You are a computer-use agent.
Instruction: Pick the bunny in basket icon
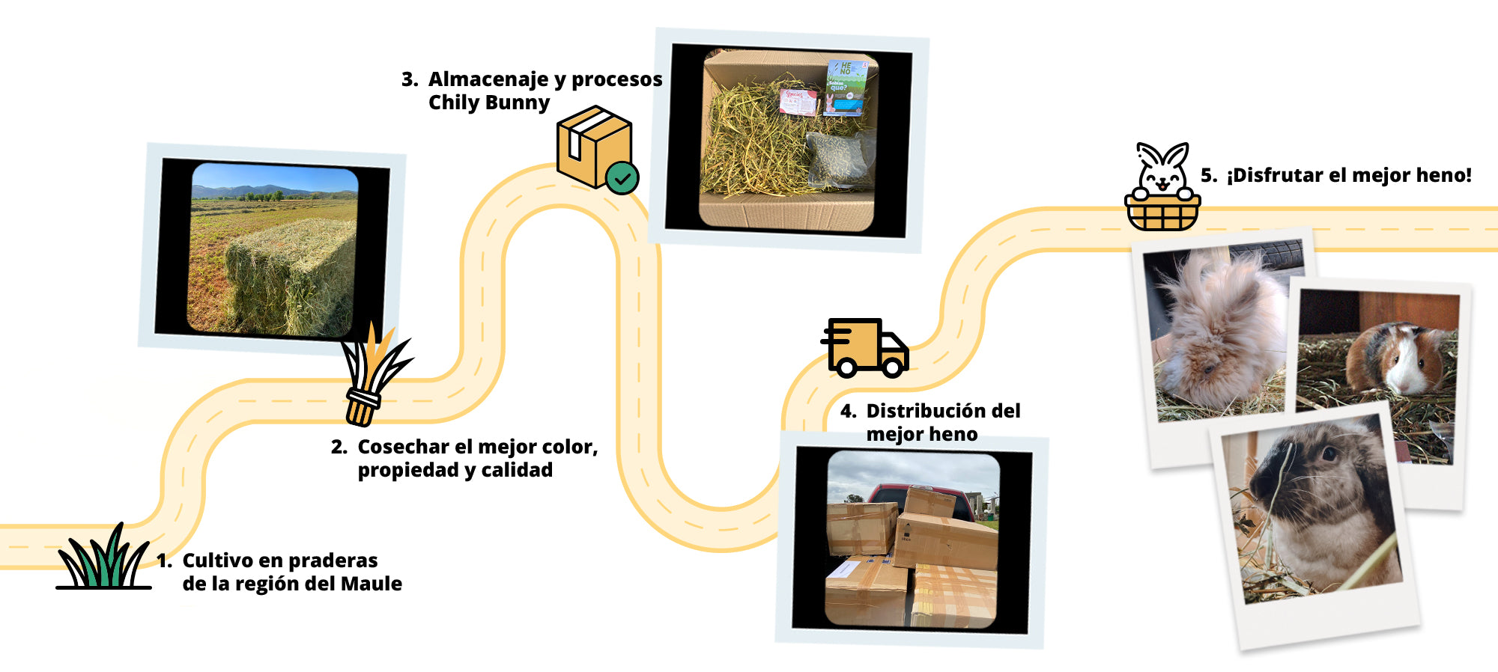pos(1162,187)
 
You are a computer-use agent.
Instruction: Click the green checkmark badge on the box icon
pos(622,178)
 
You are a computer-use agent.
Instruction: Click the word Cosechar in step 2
pos(403,447)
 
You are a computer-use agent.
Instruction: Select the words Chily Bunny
pos(488,103)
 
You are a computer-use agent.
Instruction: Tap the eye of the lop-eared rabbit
pos(1329,453)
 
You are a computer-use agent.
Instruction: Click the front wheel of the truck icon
pos(892,367)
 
